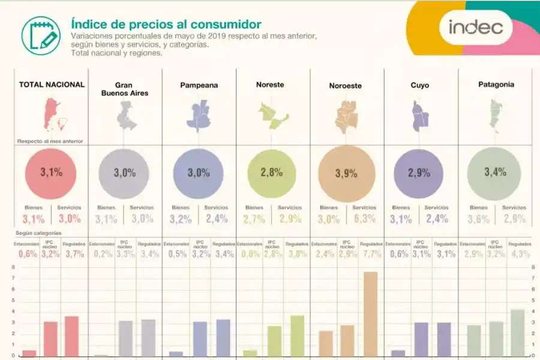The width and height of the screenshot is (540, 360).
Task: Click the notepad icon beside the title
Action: (x=41, y=35)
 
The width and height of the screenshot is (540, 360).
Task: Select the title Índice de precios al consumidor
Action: (x=166, y=25)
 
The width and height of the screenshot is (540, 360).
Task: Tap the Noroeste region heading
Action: (x=345, y=86)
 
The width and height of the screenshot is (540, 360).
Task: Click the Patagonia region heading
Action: (x=496, y=85)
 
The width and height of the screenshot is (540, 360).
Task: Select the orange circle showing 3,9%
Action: (x=347, y=173)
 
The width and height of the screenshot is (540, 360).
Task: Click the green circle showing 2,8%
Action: (x=272, y=173)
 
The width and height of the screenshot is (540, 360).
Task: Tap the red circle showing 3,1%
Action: (x=51, y=173)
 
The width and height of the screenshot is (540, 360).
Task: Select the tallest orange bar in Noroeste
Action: (x=370, y=314)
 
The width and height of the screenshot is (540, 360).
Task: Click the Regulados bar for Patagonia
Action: (x=517, y=333)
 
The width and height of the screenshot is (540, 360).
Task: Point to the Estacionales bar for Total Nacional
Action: (x=29, y=353)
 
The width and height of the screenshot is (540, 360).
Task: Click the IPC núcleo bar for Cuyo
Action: (x=421, y=340)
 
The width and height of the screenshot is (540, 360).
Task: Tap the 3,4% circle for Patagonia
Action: (x=495, y=172)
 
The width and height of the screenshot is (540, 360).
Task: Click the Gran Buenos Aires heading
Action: (x=124, y=89)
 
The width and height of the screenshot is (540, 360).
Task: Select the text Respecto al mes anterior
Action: (x=50, y=142)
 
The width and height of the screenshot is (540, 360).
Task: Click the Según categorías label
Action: (x=41, y=233)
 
